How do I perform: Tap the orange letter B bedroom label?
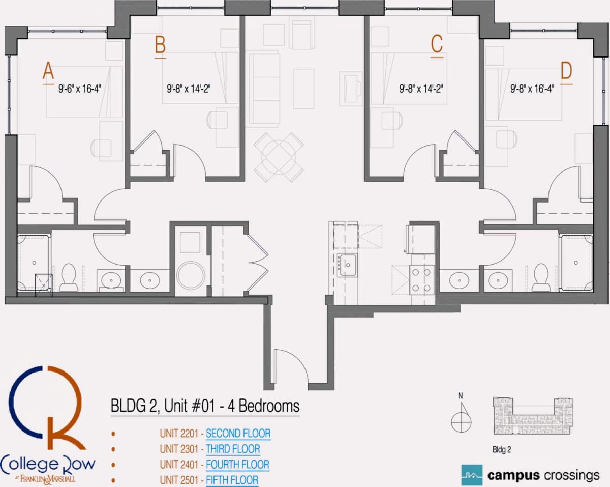point(160,45)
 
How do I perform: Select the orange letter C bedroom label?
point(437,44)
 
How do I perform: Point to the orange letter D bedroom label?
point(566,71)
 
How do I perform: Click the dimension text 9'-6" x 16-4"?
point(80,89)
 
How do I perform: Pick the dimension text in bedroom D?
point(532,89)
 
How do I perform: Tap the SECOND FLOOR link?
point(238,434)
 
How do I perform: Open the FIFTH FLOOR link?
point(232,480)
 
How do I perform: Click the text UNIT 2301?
point(179,449)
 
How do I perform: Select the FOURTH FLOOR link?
point(237,465)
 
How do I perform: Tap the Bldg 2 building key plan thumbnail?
point(533,416)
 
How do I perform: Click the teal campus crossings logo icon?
point(472,475)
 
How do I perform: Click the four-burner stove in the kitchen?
point(421,280)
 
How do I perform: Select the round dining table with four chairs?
point(279,157)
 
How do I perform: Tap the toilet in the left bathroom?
point(68,277)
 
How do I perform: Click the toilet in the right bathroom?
point(541,277)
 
